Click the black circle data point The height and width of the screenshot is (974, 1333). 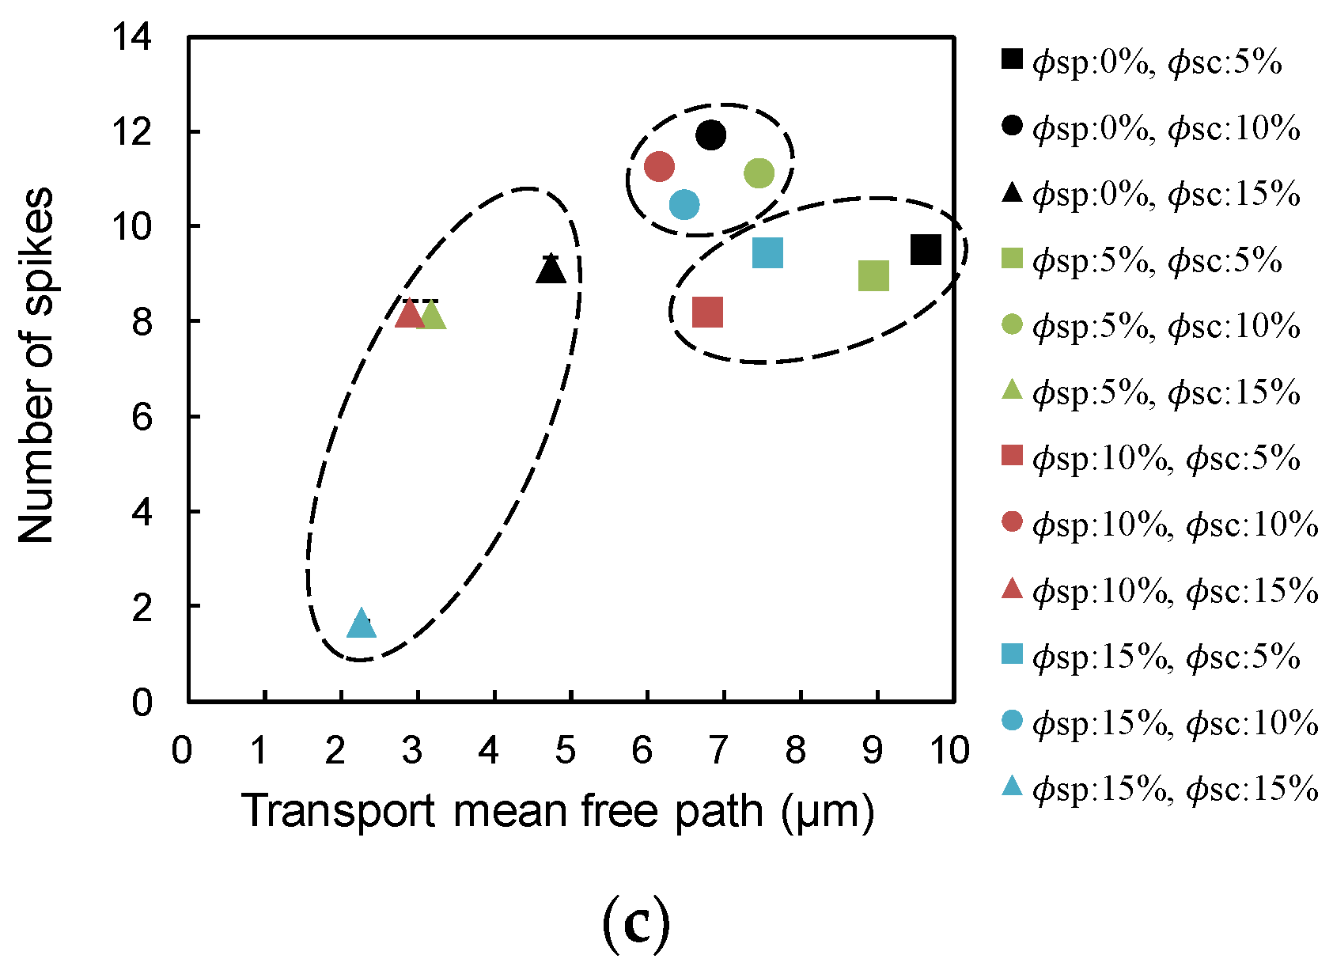pyautogui.click(x=710, y=135)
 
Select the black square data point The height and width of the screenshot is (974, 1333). pyautogui.click(x=926, y=249)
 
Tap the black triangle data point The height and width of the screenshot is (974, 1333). pyautogui.click(x=551, y=271)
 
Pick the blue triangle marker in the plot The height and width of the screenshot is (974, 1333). pyautogui.click(x=362, y=624)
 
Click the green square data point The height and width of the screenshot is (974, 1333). pyautogui.click(x=873, y=276)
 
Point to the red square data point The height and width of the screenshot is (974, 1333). pyautogui.click(x=707, y=312)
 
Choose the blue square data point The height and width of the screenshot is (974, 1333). pyautogui.click(x=767, y=253)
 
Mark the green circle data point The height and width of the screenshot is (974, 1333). pyautogui.click(x=759, y=173)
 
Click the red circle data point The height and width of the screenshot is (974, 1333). pyautogui.click(x=659, y=167)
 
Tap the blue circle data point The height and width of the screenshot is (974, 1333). pyautogui.click(x=684, y=205)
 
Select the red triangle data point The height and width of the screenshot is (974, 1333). pyautogui.click(x=409, y=314)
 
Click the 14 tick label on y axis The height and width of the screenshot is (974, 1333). pyautogui.click(x=132, y=36)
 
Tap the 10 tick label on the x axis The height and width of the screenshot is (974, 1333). pyautogui.click(x=949, y=749)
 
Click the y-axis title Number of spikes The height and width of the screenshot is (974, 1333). pyautogui.click(x=36, y=366)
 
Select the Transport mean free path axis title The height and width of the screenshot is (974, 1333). pyautogui.click(x=559, y=812)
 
